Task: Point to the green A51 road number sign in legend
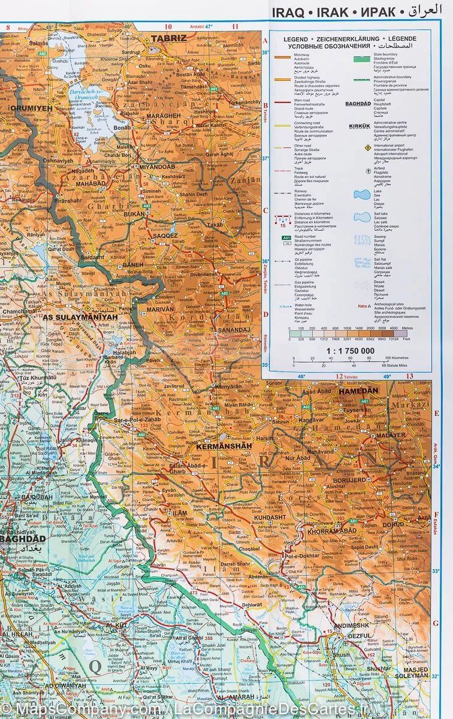[x=286, y=238]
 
